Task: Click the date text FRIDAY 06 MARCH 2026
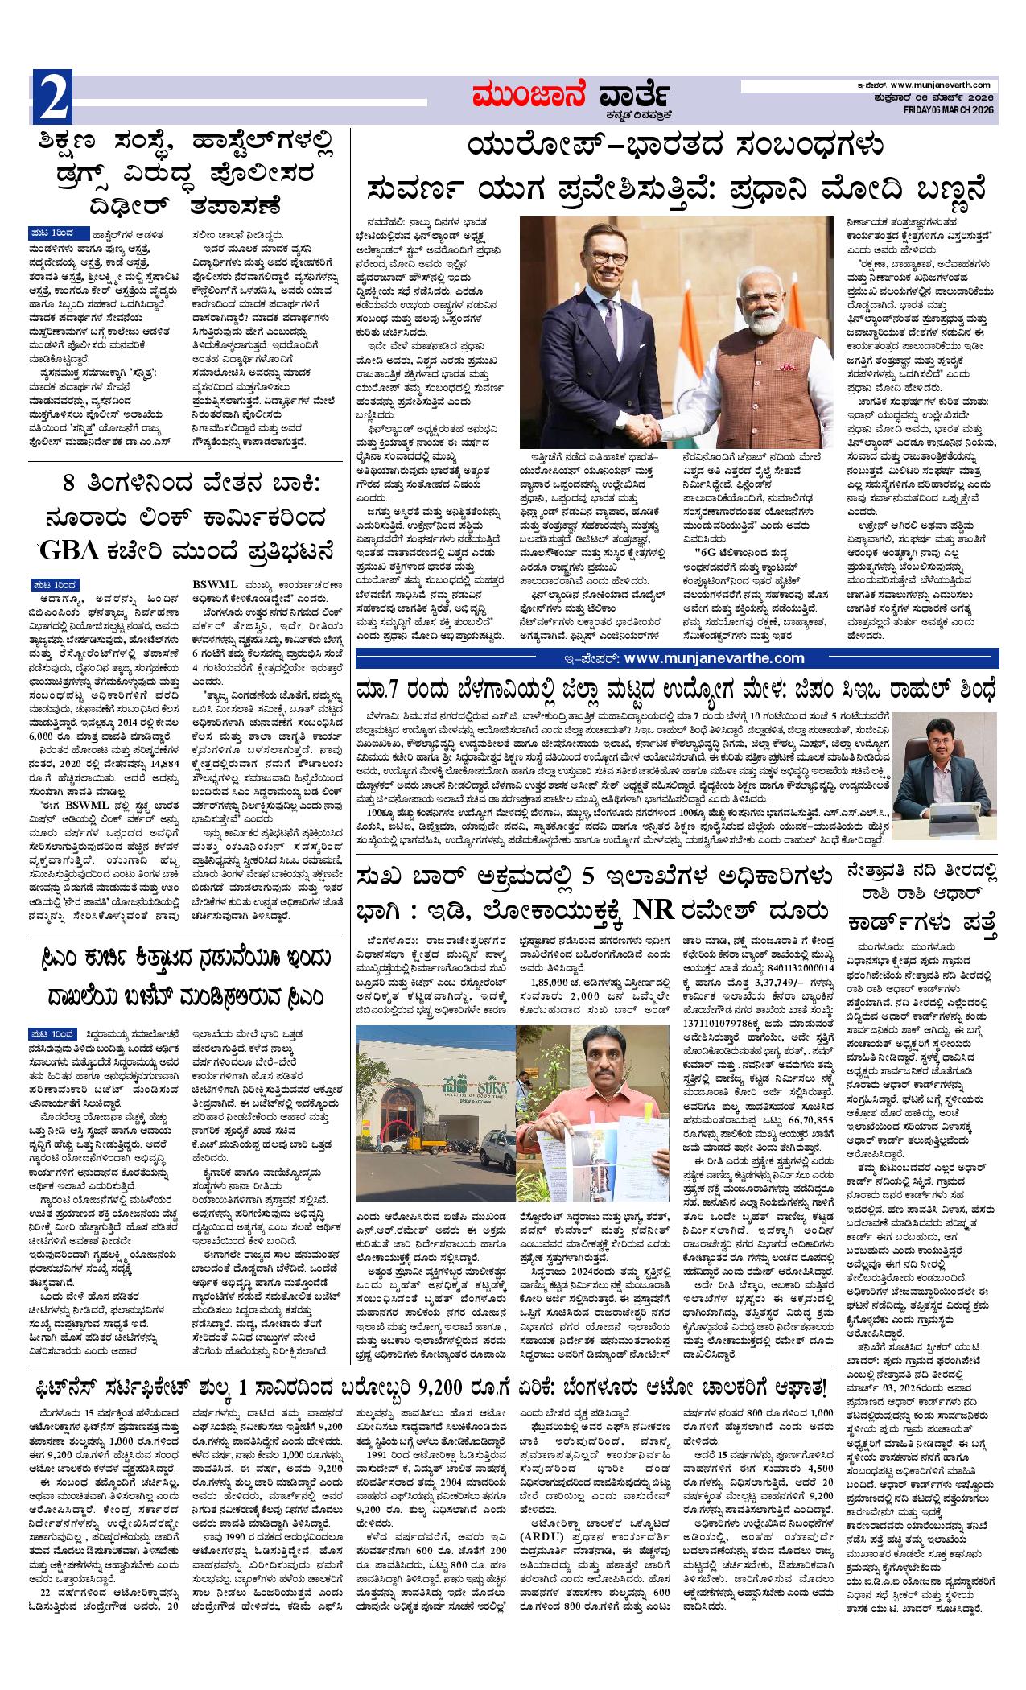pyautogui.click(x=950, y=109)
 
